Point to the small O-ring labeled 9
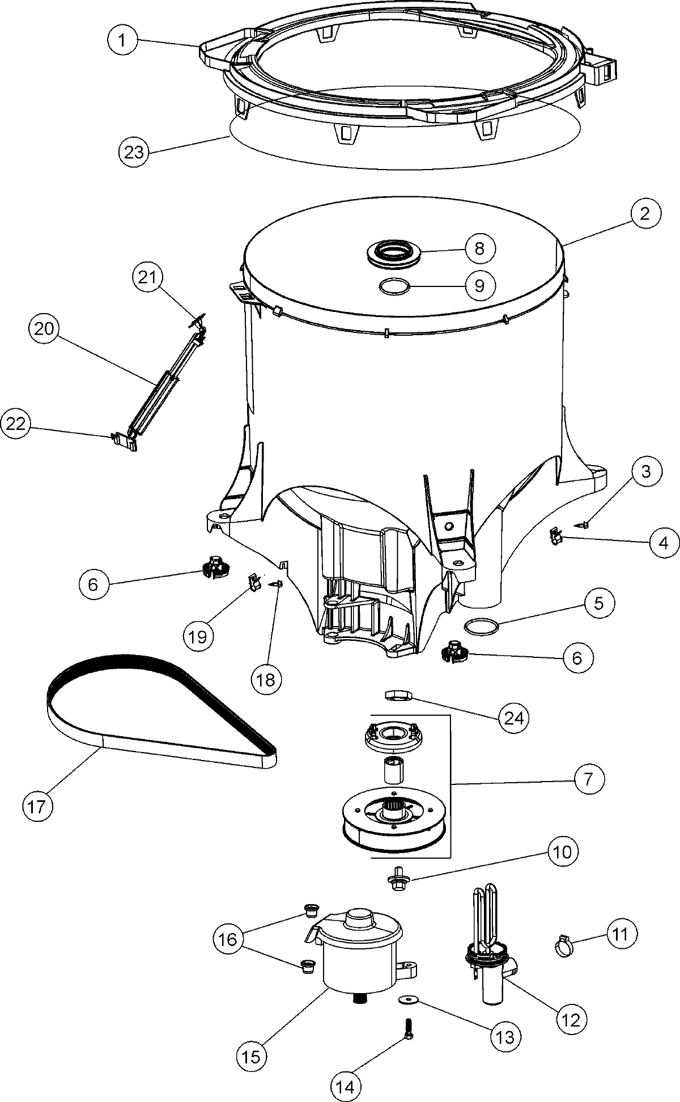click(x=394, y=287)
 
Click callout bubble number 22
click(x=16, y=424)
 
